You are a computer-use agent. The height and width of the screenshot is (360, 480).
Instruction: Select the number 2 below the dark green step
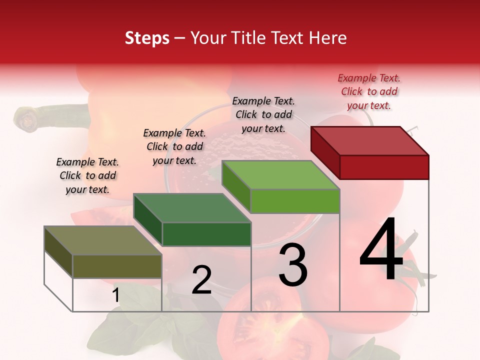tap(201, 279)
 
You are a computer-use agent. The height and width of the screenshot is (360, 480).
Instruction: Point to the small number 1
tap(115, 295)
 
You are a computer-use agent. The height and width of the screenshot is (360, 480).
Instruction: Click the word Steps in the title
tap(147, 38)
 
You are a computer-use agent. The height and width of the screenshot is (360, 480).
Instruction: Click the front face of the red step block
tap(384, 167)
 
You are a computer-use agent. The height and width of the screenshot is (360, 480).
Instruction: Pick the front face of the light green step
tap(295, 201)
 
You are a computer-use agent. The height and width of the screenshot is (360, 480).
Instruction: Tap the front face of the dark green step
tap(206, 234)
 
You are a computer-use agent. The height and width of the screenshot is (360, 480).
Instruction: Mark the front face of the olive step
tap(117, 266)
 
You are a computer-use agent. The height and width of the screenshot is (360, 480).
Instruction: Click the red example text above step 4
tap(369, 91)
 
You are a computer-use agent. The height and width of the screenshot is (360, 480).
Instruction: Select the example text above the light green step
tap(263, 114)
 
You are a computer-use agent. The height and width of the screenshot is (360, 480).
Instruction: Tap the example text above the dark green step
tap(174, 146)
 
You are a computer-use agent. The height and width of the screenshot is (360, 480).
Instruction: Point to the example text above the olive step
tap(87, 175)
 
